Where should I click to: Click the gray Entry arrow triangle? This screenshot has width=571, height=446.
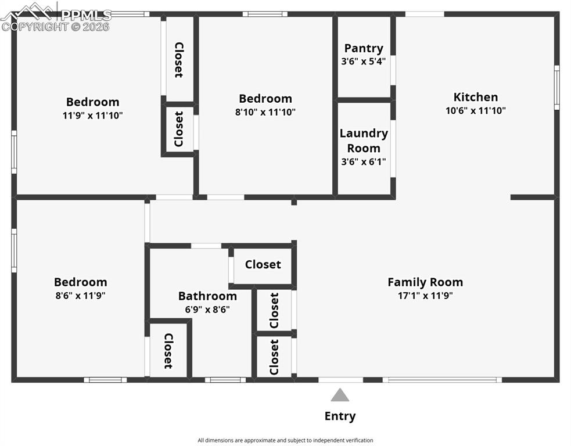(x=340, y=396)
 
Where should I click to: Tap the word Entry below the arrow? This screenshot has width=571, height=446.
(x=340, y=416)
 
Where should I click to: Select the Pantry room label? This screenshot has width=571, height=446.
(x=364, y=48)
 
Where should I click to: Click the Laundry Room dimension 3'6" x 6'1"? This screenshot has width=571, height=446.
(x=364, y=162)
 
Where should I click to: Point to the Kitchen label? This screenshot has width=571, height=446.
(x=476, y=97)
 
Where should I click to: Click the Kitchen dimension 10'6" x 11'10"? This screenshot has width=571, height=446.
(x=476, y=110)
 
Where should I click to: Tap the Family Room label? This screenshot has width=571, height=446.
(x=425, y=282)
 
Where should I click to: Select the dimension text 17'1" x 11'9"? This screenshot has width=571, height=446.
(x=425, y=296)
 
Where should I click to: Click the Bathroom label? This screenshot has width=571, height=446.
(x=207, y=296)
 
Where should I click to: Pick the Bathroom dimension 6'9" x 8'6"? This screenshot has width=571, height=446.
(x=207, y=310)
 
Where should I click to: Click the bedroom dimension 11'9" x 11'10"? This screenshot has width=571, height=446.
(x=92, y=116)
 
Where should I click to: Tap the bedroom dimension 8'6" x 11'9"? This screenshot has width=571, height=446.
(x=80, y=296)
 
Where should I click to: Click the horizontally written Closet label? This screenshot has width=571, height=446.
(x=263, y=265)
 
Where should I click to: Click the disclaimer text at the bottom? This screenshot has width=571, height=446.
(x=285, y=440)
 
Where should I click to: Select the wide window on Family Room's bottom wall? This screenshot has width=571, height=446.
(x=442, y=380)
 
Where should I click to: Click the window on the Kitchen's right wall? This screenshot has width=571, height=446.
(x=556, y=87)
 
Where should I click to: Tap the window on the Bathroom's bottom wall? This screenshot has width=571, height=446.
(x=225, y=380)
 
